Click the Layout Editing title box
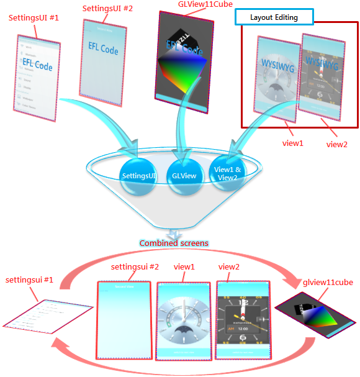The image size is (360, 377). click(x=274, y=17)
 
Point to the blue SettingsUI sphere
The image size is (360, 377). click(x=139, y=176)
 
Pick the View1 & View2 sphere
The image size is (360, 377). click(x=226, y=173)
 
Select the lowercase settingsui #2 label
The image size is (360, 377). click(x=135, y=267)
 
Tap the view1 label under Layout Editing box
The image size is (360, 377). click(x=293, y=143)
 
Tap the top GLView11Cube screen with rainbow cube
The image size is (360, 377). click(x=184, y=59)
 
